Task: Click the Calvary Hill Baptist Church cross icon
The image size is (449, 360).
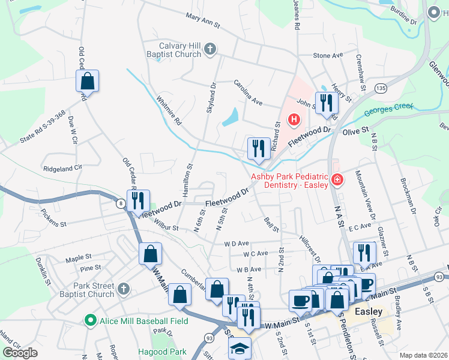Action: point(209,49)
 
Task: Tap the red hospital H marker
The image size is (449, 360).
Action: point(294,120)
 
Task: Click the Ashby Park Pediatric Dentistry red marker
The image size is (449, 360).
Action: point(337,179)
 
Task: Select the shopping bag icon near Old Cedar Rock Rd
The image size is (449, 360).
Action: point(87,81)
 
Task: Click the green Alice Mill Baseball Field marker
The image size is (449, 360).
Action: point(91,321)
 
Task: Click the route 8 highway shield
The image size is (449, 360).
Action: point(121,205)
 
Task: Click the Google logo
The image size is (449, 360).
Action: point(20,352)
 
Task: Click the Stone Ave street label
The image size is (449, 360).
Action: point(328,55)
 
